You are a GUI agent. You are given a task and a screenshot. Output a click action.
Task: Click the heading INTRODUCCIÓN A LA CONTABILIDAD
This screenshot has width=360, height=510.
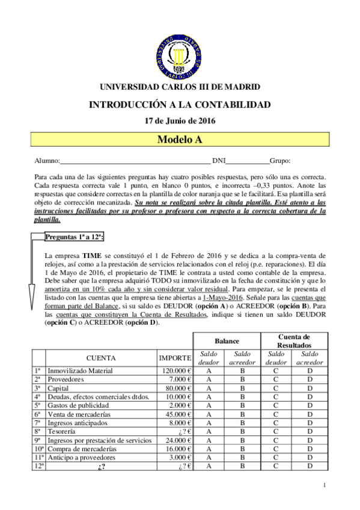(x=180, y=105)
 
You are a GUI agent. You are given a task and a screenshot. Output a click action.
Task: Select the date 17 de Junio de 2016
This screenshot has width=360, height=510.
(x=180, y=121)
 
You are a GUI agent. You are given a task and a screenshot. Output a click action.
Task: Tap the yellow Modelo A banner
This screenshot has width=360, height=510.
(x=180, y=140)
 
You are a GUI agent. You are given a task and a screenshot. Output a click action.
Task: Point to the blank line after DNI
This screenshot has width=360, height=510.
(x=248, y=161)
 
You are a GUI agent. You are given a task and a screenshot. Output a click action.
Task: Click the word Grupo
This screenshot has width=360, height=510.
(x=279, y=161)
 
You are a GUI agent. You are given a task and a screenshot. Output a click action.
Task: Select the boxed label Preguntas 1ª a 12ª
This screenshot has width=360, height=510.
(x=75, y=237)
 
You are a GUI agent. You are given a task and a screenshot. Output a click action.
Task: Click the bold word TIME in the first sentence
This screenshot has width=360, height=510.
(x=92, y=256)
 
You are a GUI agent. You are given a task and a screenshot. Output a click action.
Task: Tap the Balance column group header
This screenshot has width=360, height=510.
(x=227, y=340)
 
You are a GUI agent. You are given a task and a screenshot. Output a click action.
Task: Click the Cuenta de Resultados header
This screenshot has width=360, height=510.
(x=294, y=340)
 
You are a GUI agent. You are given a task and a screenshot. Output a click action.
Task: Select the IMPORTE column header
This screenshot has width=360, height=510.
(x=175, y=358)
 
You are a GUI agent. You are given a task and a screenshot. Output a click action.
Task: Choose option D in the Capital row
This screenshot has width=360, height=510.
(x=310, y=389)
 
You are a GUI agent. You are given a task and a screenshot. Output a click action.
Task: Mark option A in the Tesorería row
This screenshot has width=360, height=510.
(x=209, y=432)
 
